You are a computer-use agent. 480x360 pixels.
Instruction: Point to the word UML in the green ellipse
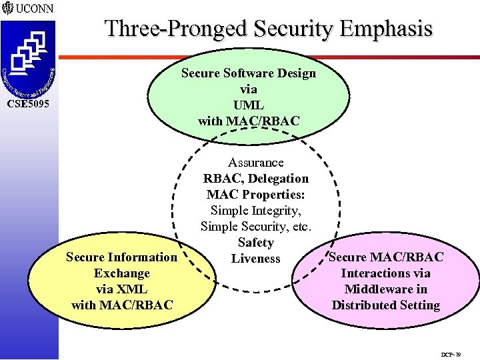click(x=249, y=105)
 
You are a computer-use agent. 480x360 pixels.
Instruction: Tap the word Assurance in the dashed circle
click(x=255, y=163)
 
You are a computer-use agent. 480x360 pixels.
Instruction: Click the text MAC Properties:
click(x=255, y=195)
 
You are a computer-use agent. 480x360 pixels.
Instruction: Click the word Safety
click(x=255, y=243)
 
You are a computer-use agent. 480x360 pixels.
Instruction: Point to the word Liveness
click(x=255, y=259)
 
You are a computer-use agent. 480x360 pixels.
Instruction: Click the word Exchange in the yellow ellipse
click(x=122, y=273)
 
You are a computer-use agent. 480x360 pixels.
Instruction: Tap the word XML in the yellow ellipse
click(x=131, y=289)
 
